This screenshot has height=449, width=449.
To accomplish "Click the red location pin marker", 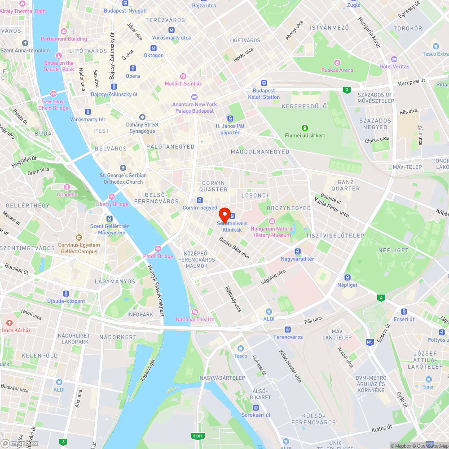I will coord(224,214).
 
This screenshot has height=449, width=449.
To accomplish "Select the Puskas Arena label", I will coord(337,70).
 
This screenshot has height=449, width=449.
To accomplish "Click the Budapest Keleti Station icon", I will coord(264,83).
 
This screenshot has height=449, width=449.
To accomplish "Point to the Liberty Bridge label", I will coord(112,204).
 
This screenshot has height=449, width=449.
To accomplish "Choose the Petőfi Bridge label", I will coord(158,256).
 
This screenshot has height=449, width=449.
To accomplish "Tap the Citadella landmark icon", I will coord(67,187).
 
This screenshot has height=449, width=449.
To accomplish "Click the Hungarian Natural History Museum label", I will coord(273,232).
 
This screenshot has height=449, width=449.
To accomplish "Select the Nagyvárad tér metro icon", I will coord(297,251).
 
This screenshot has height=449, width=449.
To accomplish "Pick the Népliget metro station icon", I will coord(347,277).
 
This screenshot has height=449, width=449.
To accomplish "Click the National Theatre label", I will coord(195,320).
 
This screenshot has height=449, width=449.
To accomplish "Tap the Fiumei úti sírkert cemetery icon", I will coord(305,128).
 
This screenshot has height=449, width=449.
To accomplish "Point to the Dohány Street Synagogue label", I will coord(142,128).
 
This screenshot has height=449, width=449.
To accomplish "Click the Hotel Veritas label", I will coord(394,66).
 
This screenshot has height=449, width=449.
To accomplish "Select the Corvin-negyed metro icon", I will coord(199,200).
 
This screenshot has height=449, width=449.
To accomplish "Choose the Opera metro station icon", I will coord(133,68).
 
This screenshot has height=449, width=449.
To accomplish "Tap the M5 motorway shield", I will coord(370,342).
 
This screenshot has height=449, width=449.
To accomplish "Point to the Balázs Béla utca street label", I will coord(234,247).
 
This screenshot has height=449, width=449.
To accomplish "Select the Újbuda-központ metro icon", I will coord(66,293).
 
